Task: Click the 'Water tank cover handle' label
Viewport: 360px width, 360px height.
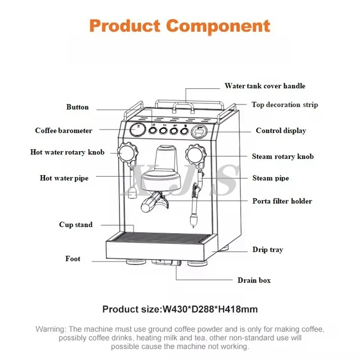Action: coord(265,86)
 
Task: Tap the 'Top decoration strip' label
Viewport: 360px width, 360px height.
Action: coord(284,105)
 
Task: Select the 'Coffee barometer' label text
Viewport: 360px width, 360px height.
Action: coord(63,130)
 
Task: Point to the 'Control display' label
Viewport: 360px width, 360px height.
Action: coord(281,130)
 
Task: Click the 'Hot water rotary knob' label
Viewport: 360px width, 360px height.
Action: coord(67,152)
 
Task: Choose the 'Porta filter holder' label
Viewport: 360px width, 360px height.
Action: coord(282,201)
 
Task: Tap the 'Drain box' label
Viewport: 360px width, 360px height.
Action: coord(254,280)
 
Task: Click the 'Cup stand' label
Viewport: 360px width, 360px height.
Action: coord(76,225)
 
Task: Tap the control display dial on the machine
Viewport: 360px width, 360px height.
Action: coord(198,132)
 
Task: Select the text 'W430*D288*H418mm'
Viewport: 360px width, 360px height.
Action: coord(210,309)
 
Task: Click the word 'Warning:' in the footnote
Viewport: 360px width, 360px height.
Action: coord(51,329)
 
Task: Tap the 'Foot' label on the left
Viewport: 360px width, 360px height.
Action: coord(73,259)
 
